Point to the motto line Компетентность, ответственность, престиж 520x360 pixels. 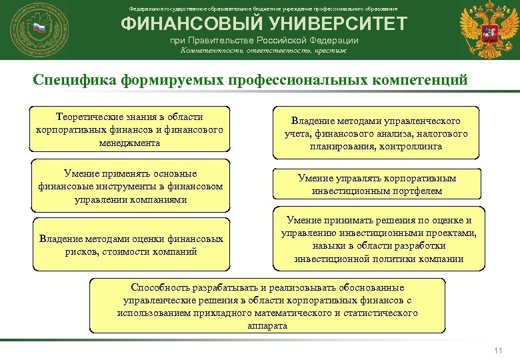coord(261,50)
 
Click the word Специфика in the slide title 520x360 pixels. coord(75,80)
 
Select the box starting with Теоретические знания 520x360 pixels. coord(130,129)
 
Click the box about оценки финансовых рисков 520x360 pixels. coord(130,245)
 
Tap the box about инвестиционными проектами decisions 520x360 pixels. coord(379,239)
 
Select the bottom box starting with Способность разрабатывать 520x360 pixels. coord(267,306)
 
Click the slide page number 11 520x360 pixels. coord(497,351)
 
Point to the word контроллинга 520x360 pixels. coord(413,146)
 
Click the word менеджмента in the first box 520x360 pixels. coord(129,143)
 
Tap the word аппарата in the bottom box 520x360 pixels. coord(267,325)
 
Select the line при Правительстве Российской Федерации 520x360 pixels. coord(261,40)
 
